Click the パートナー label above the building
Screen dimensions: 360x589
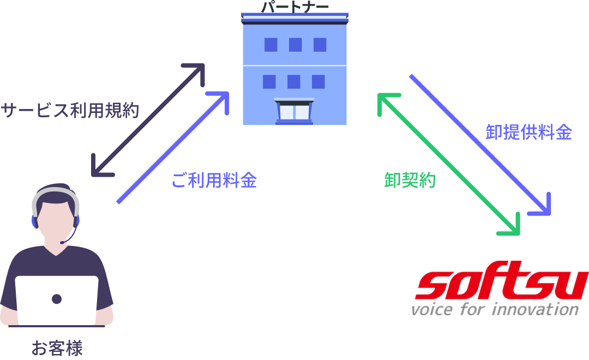(x=295, y=7)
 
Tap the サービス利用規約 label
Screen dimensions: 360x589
(x=70, y=111)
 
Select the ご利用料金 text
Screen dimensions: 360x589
(x=214, y=181)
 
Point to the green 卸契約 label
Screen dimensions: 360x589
(x=410, y=180)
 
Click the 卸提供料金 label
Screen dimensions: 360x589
(x=528, y=133)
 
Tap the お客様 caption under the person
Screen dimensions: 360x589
(x=57, y=348)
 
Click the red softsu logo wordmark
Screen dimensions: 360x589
(x=501, y=285)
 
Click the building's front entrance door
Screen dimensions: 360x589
(x=294, y=111)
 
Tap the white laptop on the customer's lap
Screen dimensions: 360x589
(x=57, y=300)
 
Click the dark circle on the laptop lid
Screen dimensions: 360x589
(x=57, y=299)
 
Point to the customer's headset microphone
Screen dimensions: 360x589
(x=64, y=242)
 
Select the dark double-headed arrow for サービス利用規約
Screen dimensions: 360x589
(x=147, y=120)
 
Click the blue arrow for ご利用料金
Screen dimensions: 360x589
(x=172, y=147)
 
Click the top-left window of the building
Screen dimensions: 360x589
(x=271, y=45)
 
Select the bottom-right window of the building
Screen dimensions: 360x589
(x=318, y=82)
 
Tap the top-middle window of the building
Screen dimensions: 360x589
(x=295, y=45)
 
